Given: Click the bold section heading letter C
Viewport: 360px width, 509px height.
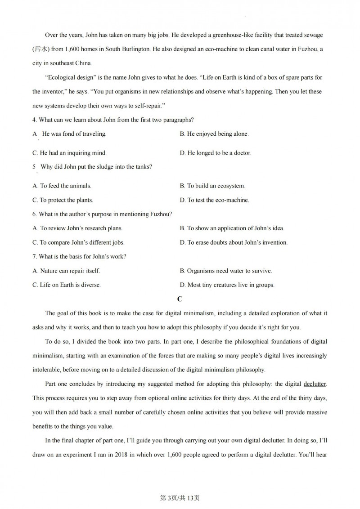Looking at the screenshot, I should pyautogui.click(x=180, y=299).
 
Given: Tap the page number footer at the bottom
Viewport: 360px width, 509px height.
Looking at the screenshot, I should pyautogui.click(x=180, y=498).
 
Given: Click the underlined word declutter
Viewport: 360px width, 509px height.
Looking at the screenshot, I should pyautogui.click(x=315, y=384).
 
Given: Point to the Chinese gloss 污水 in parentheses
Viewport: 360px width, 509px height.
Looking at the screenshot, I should pyautogui.click(x=40, y=49).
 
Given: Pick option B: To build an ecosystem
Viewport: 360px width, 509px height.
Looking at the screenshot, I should pyautogui.click(x=212, y=186).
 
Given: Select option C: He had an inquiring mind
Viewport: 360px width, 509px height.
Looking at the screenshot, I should pyautogui.click(x=70, y=153).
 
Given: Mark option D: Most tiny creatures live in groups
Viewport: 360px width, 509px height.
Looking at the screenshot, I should pyautogui.click(x=227, y=285).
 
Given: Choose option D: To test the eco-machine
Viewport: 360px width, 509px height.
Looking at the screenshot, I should pyautogui.click(x=214, y=200).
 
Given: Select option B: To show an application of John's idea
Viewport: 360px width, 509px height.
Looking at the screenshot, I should pyautogui.click(x=232, y=228).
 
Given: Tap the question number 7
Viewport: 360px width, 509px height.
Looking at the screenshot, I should pyautogui.click(x=35, y=257).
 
